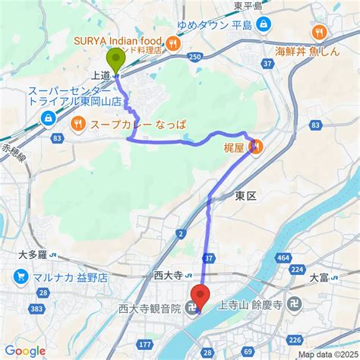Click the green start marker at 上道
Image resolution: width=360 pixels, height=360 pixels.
click(x=116, y=60)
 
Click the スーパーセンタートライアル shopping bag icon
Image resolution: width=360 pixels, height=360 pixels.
click(x=49, y=118)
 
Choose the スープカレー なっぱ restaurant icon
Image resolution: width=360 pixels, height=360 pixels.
click(x=78, y=123)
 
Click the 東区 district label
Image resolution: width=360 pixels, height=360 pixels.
click(x=245, y=196)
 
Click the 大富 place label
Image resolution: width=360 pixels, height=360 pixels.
click(x=319, y=276)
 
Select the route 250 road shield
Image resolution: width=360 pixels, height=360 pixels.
click(x=196, y=57)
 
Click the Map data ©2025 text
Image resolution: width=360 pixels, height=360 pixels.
click(x=327, y=354)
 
